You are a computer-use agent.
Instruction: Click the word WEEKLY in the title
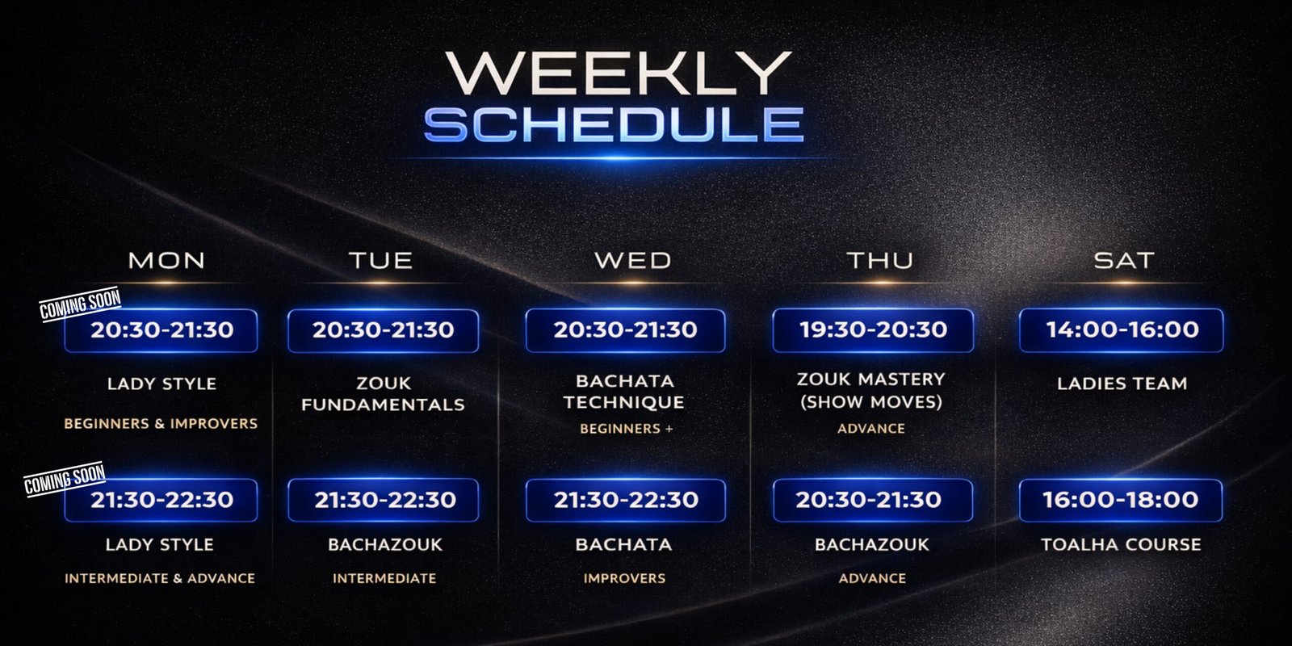tap(618, 73)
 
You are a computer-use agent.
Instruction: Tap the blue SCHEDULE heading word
tap(614, 124)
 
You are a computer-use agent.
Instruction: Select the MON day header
tap(166, 260)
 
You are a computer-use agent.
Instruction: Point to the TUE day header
tap(380, 260)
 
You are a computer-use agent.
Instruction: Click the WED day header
tap(633, 260)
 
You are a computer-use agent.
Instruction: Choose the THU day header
tap(880, 260)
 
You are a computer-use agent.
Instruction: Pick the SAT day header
tap(1124, 260)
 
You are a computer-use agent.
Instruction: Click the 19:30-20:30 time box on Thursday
tap(873, 330)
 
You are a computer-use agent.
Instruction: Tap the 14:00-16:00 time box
tap(1122, 330)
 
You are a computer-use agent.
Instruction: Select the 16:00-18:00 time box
tap(1121, 500)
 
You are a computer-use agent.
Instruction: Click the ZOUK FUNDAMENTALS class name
tap(383, 394)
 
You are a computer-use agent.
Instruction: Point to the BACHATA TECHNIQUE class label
tap(624, 392)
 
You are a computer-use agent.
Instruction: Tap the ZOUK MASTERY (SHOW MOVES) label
tap(871, 390)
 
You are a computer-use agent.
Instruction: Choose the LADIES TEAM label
tap(1122, 384)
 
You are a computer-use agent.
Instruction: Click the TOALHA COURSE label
tap(1122, 544)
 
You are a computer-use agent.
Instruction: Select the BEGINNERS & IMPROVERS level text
tap(161, 424)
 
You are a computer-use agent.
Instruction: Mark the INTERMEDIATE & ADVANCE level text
tap(160, 578)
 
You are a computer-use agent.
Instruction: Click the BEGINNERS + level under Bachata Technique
tap(627, 429)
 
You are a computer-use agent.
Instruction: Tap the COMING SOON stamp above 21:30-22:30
tap(65, 479)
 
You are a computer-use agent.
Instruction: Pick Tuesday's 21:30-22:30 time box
tap(383, 500)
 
